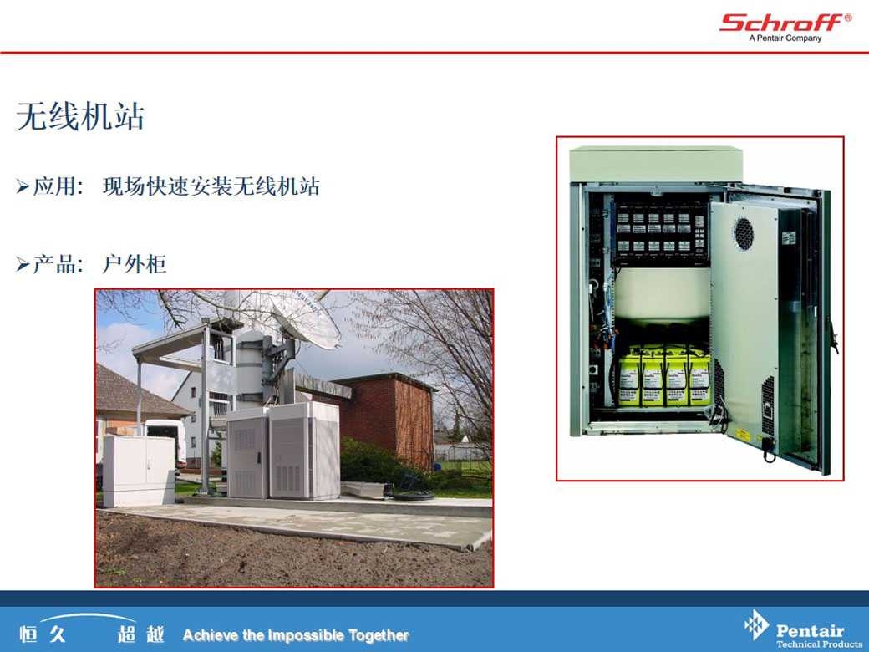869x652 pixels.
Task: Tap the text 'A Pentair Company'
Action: pyautogui.click(x=785, y=38)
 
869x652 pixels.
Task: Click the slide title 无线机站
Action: pyautogui.click(x=80, y=116)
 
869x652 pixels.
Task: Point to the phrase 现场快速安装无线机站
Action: pyautogui.click(x=211, y=186)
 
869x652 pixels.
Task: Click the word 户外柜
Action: pyautogui.click(x=135, y=264)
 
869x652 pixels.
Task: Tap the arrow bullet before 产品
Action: pyautogui.click(x=23, y=264)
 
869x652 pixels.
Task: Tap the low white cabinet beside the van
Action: pyautogui.click(x=139, y=471)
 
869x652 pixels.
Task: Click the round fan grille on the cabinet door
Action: pyautogui.click(x=743, y=234)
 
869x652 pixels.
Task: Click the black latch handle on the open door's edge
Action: pyautogui.click(x=831, y=335)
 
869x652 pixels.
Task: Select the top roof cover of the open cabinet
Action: pyautogui.click(x=656, y=164)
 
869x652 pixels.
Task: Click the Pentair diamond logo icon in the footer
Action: pyautogui.click(x=756, y=625)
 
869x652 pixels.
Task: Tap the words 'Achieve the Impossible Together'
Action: pyautogui.click(x=296, y=634)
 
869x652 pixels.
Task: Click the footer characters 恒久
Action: pyautogui.click(x=43, y=634)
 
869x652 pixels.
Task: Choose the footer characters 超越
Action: pyautogui.click(x=140, y=634)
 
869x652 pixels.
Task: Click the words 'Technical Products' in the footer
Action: pyautogui.click(x=819, y=644)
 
